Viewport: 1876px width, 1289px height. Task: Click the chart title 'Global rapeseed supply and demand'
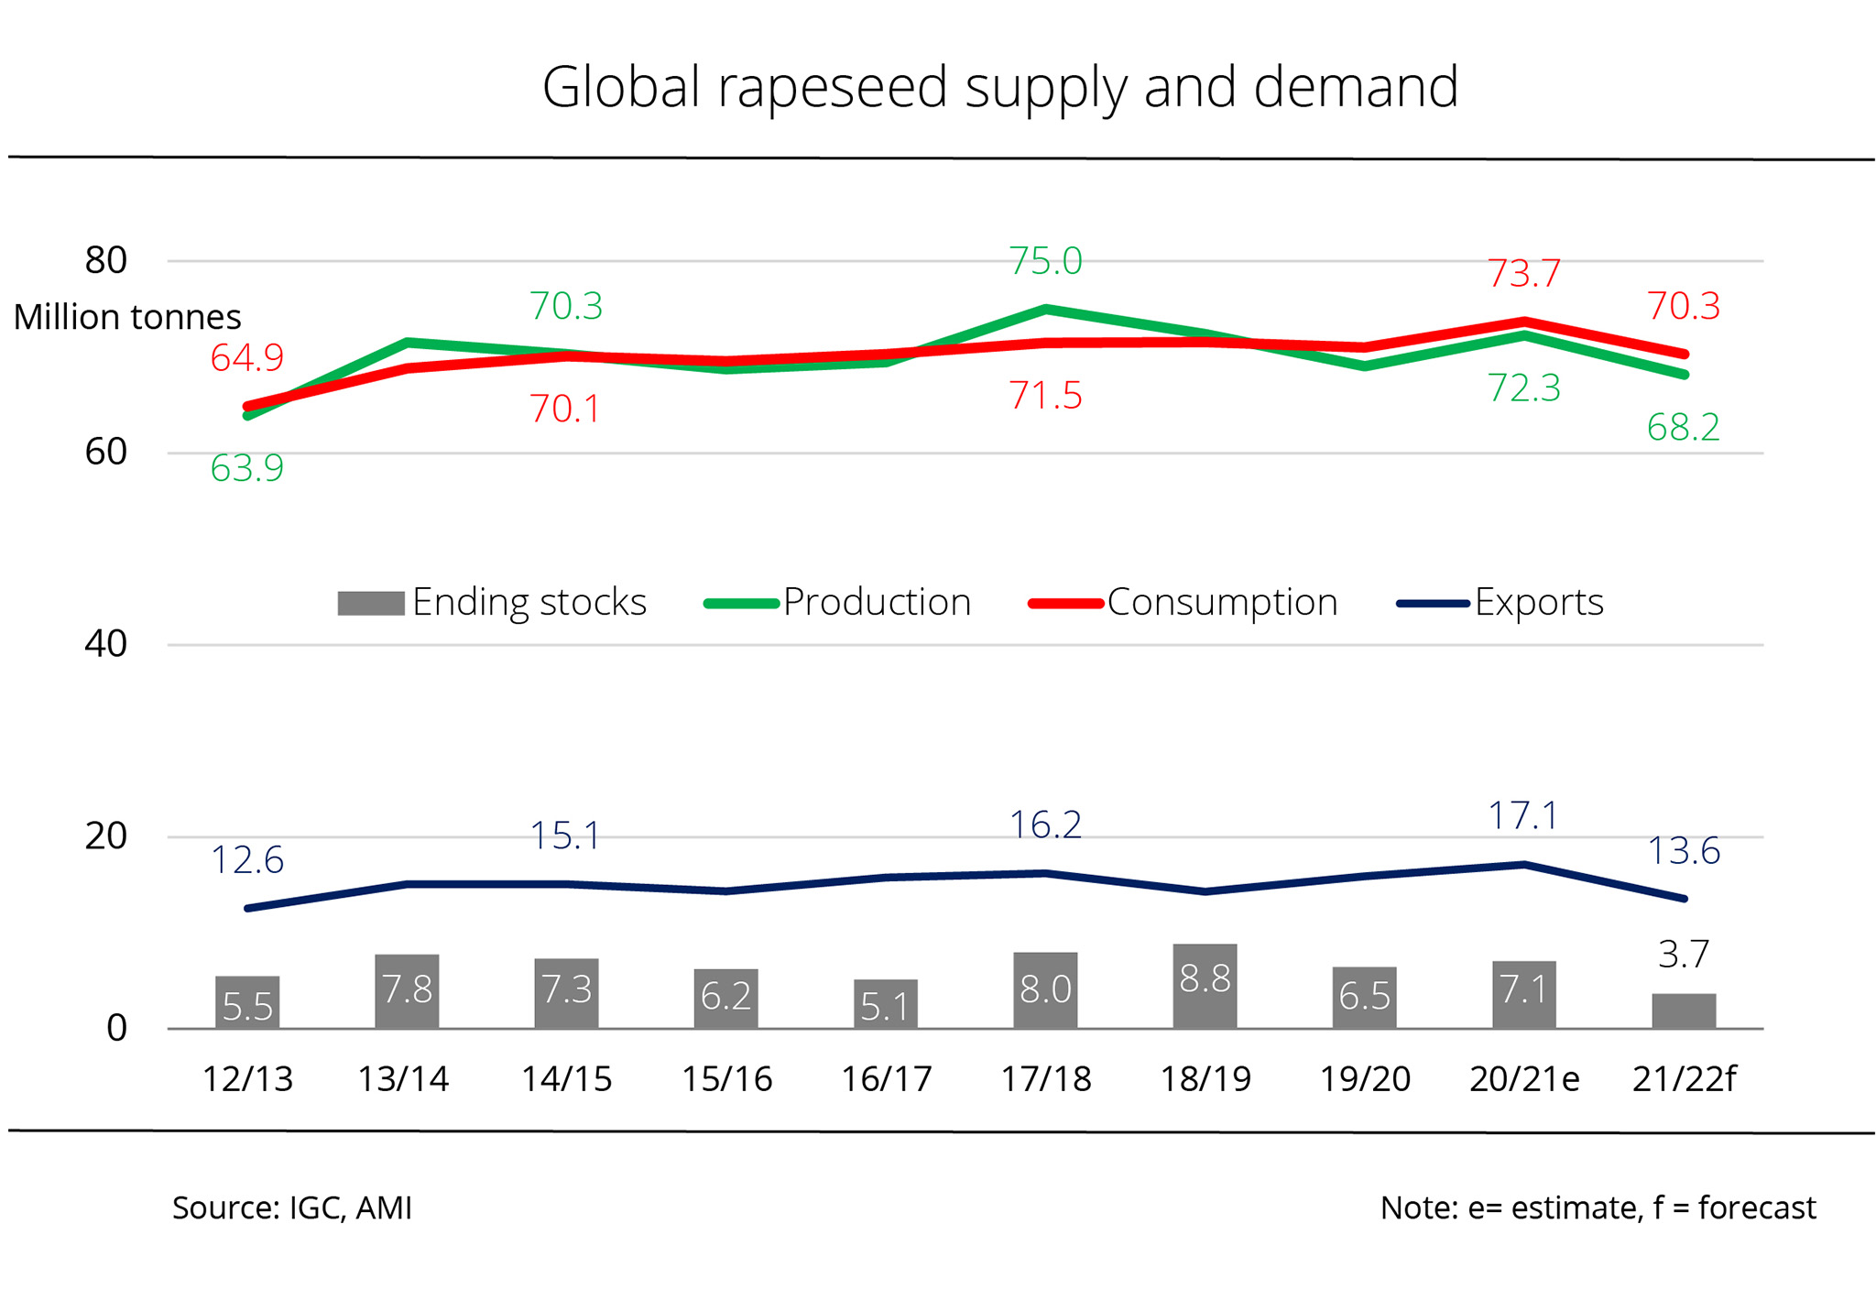coord(999,87)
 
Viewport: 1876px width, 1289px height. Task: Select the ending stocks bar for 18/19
coord(1205,986)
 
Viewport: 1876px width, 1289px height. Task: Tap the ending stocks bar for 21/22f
coord(1684,1010)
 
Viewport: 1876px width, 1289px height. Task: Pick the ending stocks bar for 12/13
coord(247,1002)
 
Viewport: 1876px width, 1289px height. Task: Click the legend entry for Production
coord(838,602)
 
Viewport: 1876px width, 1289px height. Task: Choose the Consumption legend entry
coord(1183,602)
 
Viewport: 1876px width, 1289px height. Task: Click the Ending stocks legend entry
coord(493,602)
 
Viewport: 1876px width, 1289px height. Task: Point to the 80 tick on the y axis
coord(105,260)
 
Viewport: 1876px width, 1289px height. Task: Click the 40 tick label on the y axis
coord(105,644)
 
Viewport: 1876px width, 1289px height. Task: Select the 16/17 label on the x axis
coord(886,1079)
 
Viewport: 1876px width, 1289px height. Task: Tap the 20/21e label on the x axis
coord(1524,1079)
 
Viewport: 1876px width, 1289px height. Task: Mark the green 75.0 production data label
coord(1045,261)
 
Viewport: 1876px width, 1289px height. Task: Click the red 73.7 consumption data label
coord(1523,273)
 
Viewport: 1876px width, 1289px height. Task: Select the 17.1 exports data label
coord(1523,815)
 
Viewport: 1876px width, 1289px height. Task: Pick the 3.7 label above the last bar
coord(1684,955)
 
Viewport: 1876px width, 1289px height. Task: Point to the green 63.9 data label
coord(247,468)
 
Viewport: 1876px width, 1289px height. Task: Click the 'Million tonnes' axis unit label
coord(127,317)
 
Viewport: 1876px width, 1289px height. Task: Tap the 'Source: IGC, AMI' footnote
coord(292,1207)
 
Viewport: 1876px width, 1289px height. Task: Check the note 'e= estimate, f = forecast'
coord(1598,1207)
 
